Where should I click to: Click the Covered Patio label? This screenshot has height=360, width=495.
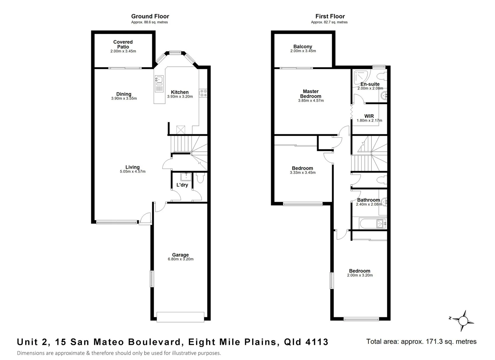click(x=123, y=44)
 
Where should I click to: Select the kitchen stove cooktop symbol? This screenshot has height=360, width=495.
click(x=203, y=93)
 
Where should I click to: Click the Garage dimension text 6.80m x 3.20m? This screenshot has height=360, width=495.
click(x=181, y=259)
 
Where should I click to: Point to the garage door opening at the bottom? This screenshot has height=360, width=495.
click(x=180, y=317)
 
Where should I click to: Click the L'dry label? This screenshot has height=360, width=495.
click(x=182, y=185)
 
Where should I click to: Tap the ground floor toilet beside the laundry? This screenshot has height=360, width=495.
click(x=200, y=178)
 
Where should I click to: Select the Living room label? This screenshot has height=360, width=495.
click(x=133, y=167)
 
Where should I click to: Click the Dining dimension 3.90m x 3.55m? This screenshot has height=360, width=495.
click(x=124, y=98)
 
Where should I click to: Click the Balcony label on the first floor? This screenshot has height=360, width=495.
click(x=303, y=47)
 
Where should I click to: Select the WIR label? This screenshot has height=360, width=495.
click(x=369, y=116)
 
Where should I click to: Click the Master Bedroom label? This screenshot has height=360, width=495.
click(x=311, y=94)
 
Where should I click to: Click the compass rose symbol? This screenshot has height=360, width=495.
click(x=463, y=321)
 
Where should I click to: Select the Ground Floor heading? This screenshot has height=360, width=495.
click(x=150, y=16)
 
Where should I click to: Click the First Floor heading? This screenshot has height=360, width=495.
click(x=330, y=16)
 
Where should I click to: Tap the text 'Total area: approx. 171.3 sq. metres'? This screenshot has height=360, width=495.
click(x=421, y=341)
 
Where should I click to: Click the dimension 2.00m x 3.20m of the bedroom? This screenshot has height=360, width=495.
click(x=360, y=275)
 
